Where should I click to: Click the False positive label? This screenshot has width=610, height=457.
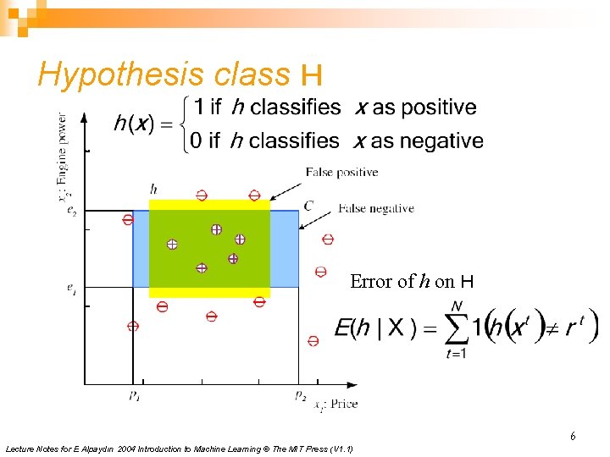coord(342,173)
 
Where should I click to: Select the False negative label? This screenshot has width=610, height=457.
coord(376,208)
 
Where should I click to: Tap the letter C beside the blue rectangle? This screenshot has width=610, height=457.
coord(308,205)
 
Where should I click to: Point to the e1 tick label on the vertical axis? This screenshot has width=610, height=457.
coord(73,288)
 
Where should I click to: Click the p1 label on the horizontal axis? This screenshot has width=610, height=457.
coord(135,395)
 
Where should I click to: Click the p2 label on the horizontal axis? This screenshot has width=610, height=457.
coord(301,395)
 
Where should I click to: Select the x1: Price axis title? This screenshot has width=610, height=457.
coord(335,405)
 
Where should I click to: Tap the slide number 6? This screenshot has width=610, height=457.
coord(573,437)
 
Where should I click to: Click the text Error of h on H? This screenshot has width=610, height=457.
coord(412,282)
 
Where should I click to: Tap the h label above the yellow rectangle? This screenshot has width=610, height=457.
coord(153,188)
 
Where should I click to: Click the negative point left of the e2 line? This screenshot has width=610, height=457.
coord(127,219)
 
